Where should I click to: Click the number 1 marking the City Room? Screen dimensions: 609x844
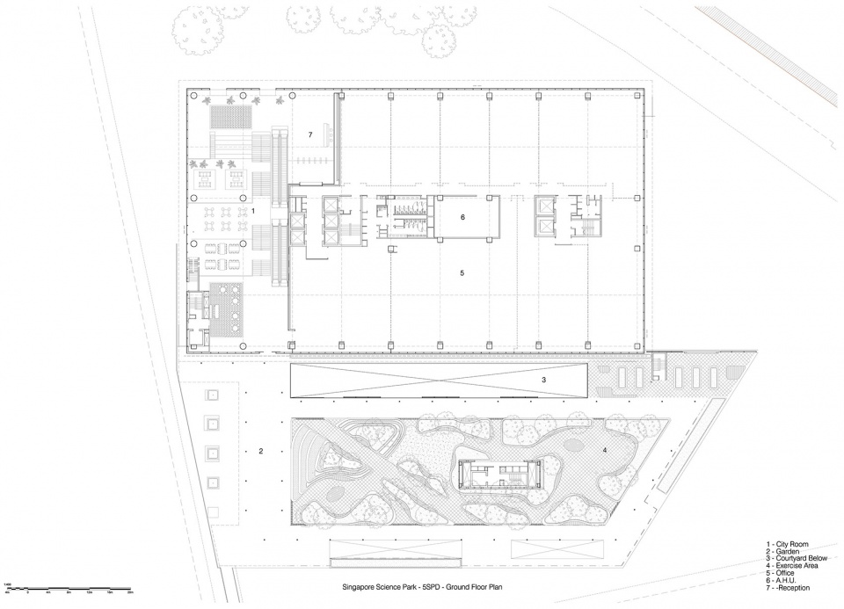point(253,212)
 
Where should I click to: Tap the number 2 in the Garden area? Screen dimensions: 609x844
point(261,452)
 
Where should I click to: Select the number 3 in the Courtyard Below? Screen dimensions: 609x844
point(544,381)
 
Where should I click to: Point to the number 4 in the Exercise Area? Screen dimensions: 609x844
point(604,451)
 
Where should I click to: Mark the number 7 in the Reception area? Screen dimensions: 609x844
point(309,134)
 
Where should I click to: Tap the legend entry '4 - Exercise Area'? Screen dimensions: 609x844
point(795,566)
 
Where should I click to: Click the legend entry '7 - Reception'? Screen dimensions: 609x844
point(789,588)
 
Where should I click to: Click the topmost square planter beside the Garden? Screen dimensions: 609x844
point(212,397)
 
